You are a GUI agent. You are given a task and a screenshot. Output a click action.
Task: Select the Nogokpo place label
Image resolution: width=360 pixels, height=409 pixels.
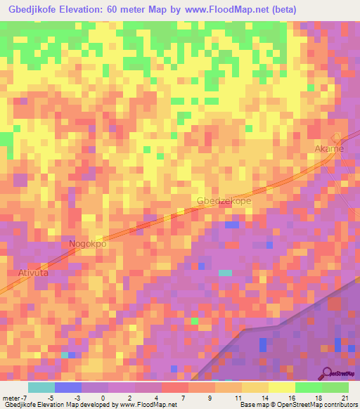(x=88, y=244)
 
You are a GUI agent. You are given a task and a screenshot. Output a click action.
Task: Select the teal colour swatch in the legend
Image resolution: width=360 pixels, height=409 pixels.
(x=41, y=387)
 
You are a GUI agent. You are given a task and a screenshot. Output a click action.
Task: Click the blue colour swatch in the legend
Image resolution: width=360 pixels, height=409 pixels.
(x=68, y=387)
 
